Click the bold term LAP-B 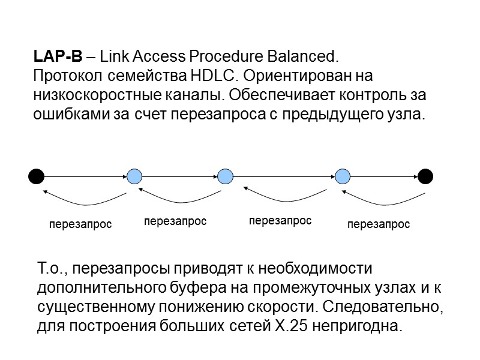pos(56,58)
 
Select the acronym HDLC pos(206,77)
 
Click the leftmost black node pos(37,176)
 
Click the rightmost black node pos(425,176)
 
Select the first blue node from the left pos(134,176)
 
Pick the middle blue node pos(225,176)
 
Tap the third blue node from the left pos(342,176)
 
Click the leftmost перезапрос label pos(80,225)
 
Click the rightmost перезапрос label pos(379,225)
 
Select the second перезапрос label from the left pos(175,221)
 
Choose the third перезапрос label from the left pos(280,221)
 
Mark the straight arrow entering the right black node pos(384,176)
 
